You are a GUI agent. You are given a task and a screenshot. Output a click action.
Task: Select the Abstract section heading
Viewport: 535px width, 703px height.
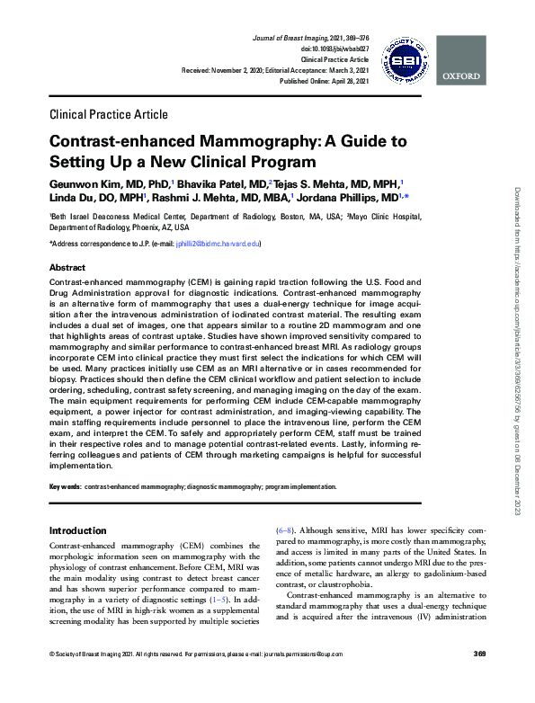(67, 268)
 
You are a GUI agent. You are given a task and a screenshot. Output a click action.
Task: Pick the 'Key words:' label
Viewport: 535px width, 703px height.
(65, 486)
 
